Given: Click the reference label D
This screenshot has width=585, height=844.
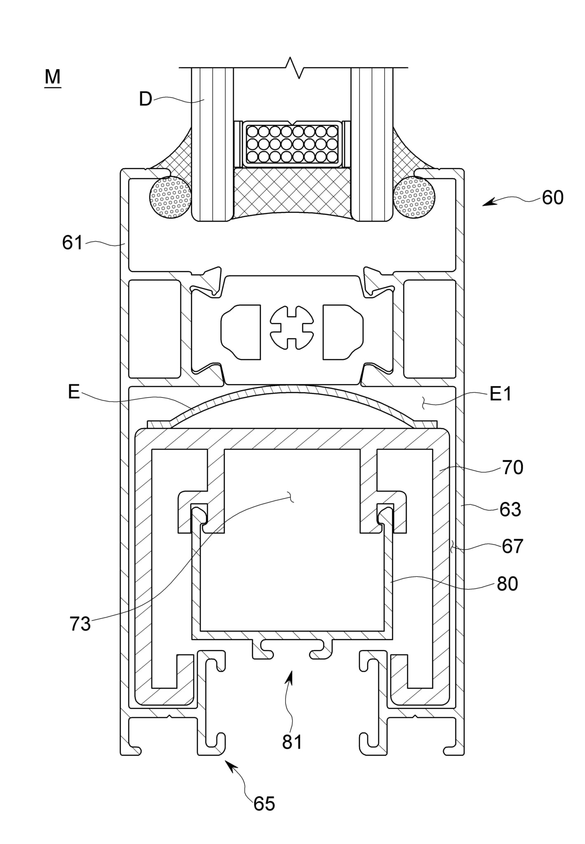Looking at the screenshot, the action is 146,99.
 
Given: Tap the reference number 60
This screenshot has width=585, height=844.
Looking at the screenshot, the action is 552,198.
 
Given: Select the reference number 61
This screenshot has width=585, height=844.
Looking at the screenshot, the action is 72,243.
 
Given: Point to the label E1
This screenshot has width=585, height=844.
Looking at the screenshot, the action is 500,394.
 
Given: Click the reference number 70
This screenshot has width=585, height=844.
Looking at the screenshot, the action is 512,468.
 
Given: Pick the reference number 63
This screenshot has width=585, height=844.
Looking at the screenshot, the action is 510,510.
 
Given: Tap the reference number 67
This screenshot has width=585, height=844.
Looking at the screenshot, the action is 512,546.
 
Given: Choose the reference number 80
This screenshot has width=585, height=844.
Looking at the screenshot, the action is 507,584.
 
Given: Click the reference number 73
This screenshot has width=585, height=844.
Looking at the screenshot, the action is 80,624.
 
